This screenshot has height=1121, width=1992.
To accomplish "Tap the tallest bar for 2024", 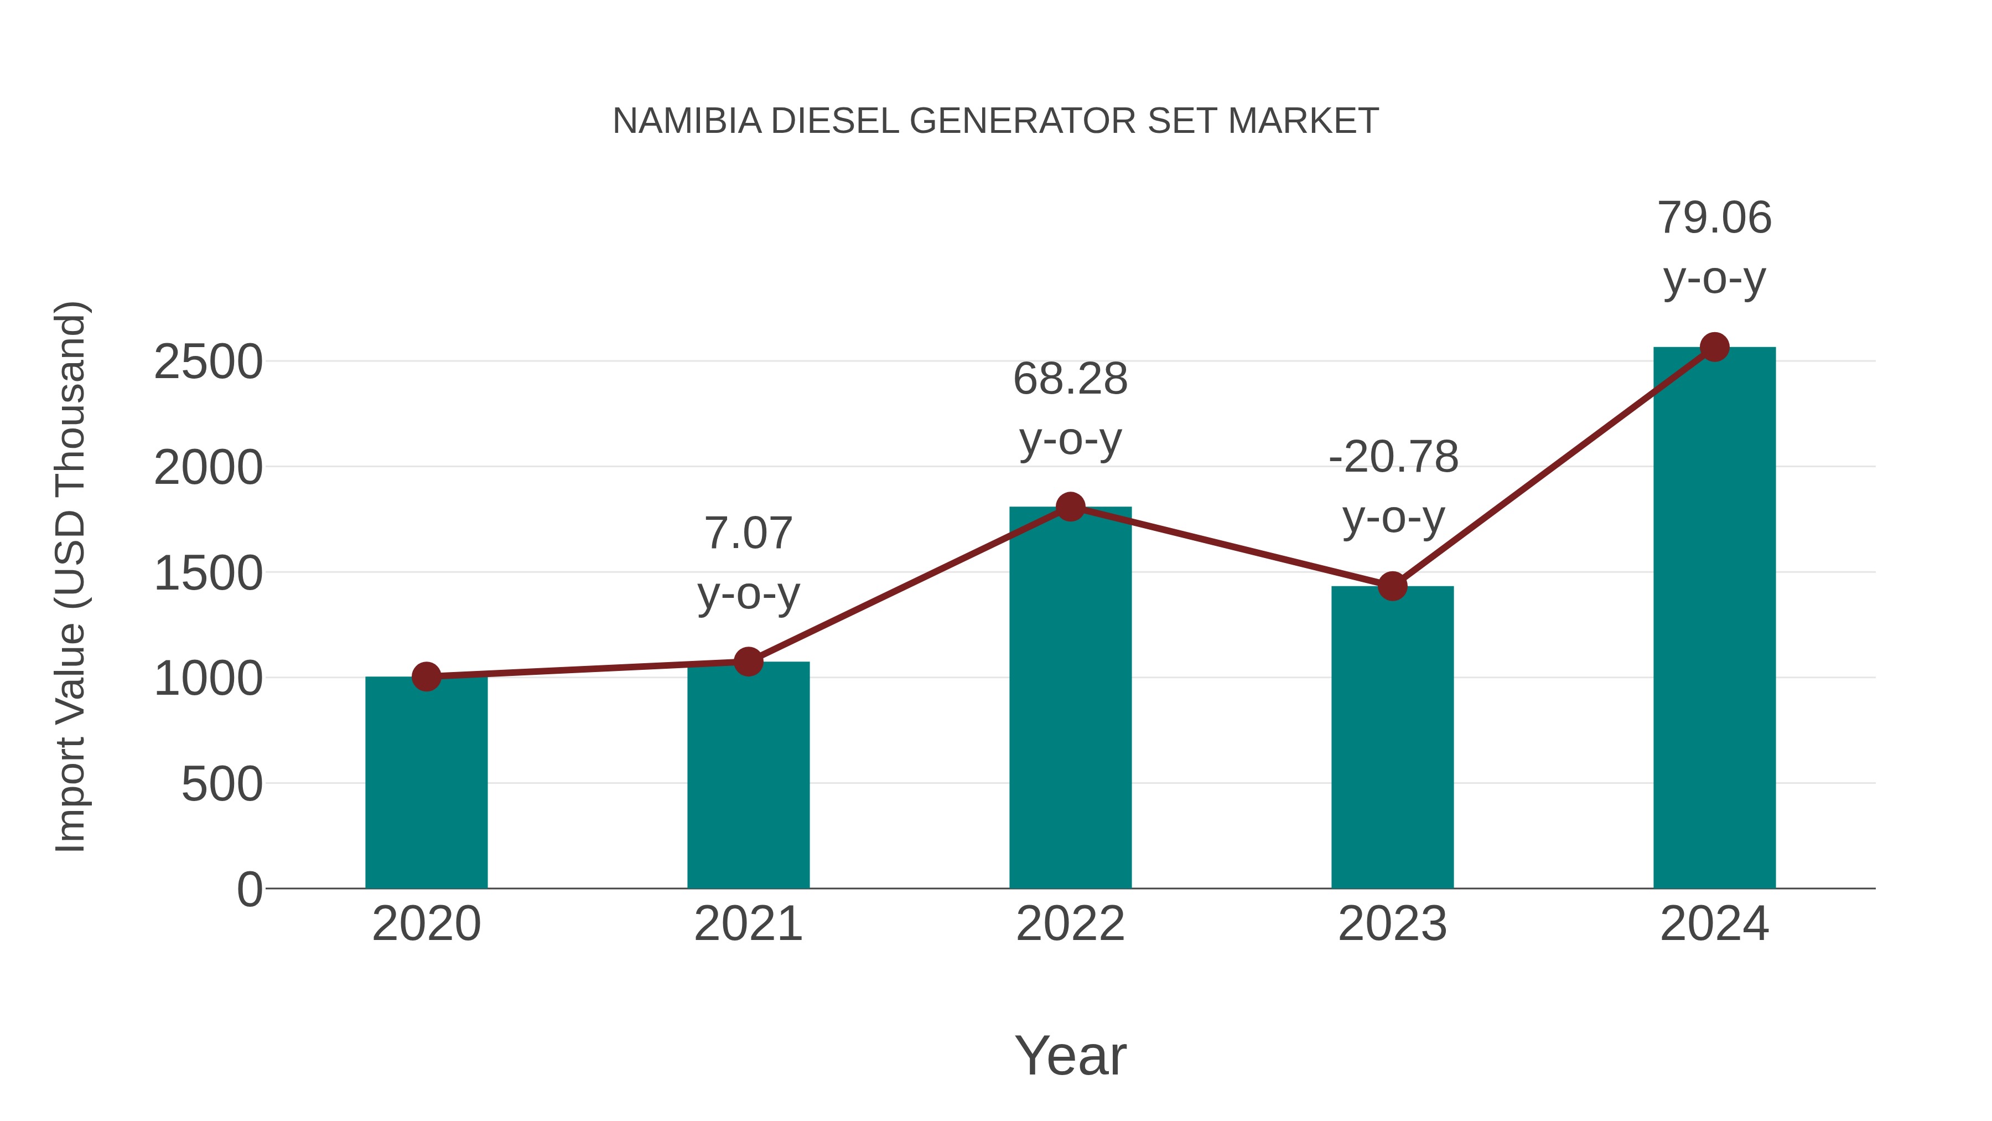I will coord(1714,619).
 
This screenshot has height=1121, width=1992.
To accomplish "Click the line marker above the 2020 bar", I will coord(426,677).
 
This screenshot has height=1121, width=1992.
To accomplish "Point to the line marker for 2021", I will coord(748,662).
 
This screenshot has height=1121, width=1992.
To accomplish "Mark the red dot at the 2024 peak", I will coord(1714,347).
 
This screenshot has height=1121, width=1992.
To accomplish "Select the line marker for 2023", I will coord(1392,586).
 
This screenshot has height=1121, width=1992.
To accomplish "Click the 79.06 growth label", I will coord(1714,218).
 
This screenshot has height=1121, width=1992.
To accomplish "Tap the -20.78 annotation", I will coord(1393,457).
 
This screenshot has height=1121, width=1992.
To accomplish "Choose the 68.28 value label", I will coord(1070,379).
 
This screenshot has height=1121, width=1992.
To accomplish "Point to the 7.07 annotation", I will coord(748,533).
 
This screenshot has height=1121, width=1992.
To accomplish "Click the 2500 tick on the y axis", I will coord(208,361).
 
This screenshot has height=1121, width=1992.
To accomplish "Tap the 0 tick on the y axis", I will coord(250,889).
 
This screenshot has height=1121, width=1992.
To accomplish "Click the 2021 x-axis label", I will coord(748,924).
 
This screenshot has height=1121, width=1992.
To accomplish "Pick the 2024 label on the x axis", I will coord(1714,924).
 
